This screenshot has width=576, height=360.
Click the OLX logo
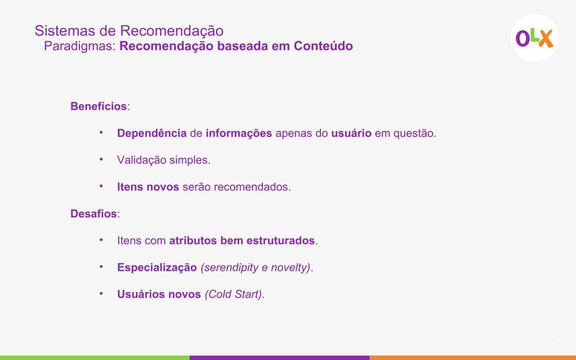(534, 38)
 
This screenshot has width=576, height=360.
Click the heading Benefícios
(98, 106)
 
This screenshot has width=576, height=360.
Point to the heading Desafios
(93, 214)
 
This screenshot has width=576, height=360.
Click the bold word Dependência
(152, 133)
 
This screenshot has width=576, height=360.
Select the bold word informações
(239, 133)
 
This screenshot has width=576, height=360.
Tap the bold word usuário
(351, 133)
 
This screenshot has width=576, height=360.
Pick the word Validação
(142, 160)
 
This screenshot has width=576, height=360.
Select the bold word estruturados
(280, 241)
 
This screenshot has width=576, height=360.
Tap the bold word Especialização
(157, 267)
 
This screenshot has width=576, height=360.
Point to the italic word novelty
(289, 268)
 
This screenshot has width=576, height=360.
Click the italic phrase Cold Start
(233, 294)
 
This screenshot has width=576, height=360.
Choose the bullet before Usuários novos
(102, 293)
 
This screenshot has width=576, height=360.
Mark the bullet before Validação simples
(102, 159)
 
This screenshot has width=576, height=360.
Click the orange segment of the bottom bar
(473, 358)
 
